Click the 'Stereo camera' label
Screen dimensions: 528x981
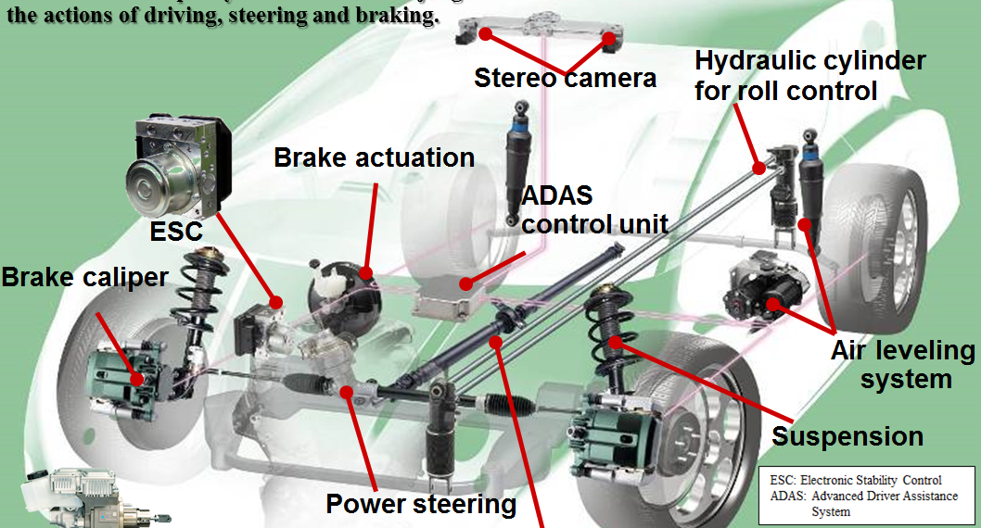(565, 77)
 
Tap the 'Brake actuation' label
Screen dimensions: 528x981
(374, 157)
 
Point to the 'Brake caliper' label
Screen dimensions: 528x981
(84, 276)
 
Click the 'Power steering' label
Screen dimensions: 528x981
(420, 504)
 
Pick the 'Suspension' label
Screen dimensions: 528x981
(847, 436)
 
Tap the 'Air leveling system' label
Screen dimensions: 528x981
(903, 364)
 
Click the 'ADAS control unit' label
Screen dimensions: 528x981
(594, 210)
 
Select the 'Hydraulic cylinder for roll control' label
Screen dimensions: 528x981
(809, 76)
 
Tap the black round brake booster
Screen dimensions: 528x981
(343, 296)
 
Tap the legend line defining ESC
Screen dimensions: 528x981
(856, 480)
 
